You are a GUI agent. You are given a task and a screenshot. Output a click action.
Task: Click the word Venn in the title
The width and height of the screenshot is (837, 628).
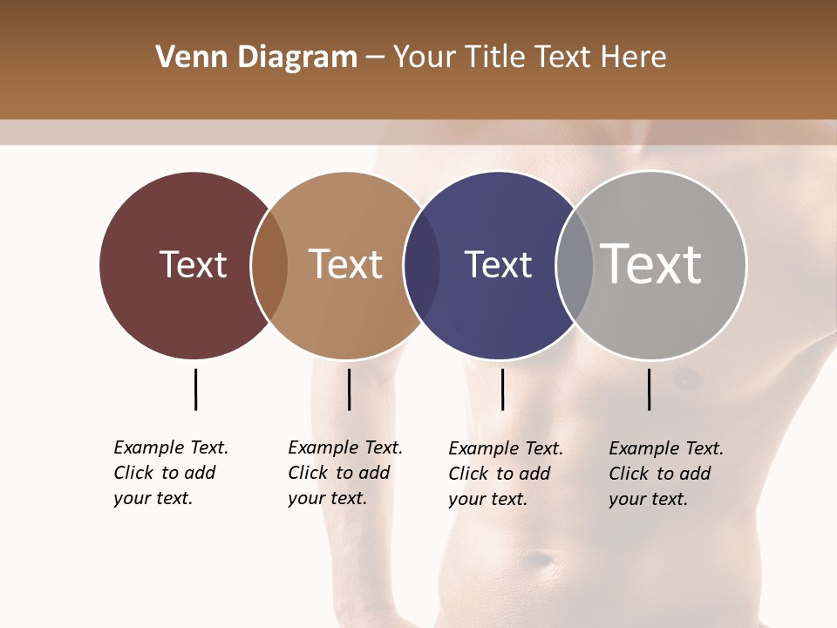[186, 58]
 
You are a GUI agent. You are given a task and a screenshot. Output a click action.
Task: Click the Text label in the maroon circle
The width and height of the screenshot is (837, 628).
[193, 264]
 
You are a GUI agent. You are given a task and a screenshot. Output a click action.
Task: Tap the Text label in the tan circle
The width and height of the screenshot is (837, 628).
[346, 264]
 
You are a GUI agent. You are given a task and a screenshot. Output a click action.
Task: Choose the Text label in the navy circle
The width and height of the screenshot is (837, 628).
[498, 264]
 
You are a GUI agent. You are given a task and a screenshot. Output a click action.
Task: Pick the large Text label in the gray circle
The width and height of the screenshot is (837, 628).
[651, 263]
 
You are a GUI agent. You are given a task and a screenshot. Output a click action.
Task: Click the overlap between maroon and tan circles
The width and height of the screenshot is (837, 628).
[269, 265]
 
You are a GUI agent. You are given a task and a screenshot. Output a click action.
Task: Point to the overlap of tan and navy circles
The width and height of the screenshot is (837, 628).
[422, 265]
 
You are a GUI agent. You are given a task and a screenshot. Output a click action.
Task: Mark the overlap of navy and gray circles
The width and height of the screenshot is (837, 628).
[575, 265]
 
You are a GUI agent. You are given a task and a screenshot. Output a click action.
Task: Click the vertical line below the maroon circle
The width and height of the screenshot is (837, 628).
[195, 389]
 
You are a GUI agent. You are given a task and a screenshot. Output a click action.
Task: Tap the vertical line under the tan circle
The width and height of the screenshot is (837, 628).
[349, 389]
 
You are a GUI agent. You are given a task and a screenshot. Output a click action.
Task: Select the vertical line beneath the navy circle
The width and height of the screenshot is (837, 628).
[502, 389]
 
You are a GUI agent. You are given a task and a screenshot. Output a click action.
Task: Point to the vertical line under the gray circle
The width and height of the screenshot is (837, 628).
[649, 389]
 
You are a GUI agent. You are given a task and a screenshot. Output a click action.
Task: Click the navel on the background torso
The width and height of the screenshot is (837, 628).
[541, 558]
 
